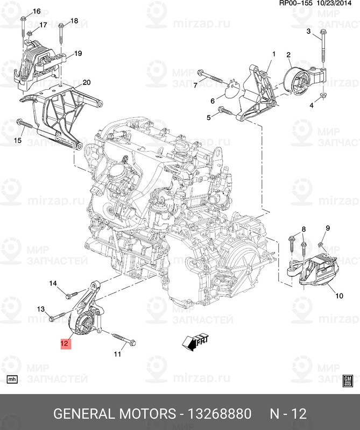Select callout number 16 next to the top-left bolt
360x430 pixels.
[37, 11]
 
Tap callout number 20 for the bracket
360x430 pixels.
[87, 82]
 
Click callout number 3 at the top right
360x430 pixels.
[309, 31]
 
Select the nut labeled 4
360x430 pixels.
[322, 96]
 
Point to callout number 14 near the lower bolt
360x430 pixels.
[53, 283]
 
